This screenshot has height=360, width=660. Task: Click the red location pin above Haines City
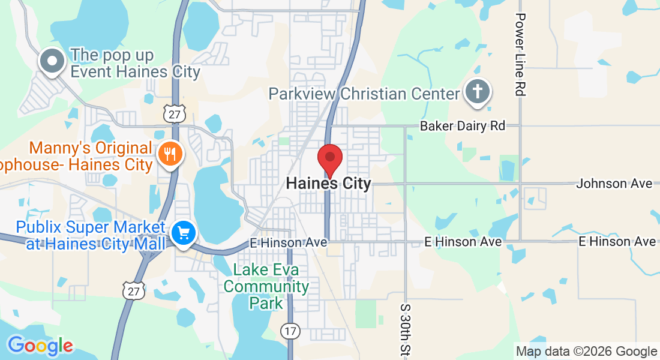pos(329,158)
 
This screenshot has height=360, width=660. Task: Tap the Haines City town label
pos(329,184)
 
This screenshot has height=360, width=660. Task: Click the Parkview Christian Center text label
pos(364,94)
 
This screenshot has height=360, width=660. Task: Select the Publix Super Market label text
pos(91,236)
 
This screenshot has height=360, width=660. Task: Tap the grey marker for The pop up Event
pos(52,61)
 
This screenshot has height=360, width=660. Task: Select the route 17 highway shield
pos(289,330)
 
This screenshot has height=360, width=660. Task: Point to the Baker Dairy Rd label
pos(463,126)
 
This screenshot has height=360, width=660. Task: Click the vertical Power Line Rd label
pos(520,55)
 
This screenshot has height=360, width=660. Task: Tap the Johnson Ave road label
pos(614,184)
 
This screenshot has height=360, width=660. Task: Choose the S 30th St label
pos(404,328)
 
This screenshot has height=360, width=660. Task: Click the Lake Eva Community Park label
pos(266,287)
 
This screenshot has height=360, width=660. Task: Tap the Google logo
pos(40,346)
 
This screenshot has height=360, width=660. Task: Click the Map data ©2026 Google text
pos(587,351)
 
